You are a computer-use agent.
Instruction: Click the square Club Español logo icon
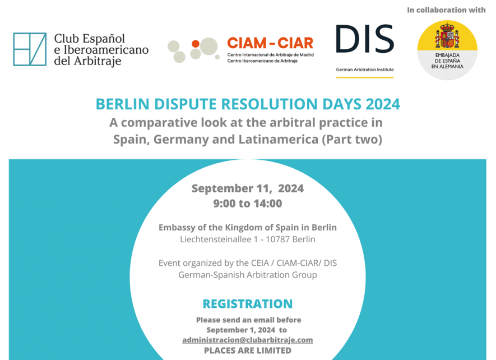[x=30, y=49]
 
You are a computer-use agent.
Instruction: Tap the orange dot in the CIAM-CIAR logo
[x=196, y=44]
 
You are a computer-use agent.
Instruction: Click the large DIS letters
[x=365, y=39]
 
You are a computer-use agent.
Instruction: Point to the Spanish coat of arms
[x=447, y=35]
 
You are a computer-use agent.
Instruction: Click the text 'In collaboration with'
[x=446, y=10]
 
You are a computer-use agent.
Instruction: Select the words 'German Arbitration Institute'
[x=365, y=70]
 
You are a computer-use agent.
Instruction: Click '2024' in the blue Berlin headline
[x=383, y=104]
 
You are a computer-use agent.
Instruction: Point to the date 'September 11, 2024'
[x=248, y=188]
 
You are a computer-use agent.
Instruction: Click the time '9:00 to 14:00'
[x=248, y=204]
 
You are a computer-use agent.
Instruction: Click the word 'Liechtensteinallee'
[x=216, y=239]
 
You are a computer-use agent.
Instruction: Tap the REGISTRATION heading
[x=248, y=303]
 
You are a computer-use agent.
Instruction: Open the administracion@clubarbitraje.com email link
[x=248, y=340]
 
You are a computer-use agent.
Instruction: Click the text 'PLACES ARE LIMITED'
[x=248, y=350]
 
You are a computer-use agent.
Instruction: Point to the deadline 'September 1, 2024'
[x=241, y=330]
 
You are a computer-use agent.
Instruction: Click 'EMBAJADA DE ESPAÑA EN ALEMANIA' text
[x=447, y=61]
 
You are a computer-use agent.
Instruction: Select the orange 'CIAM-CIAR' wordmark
[x=270, y=43]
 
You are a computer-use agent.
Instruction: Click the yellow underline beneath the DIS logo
[x=365, y=77]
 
